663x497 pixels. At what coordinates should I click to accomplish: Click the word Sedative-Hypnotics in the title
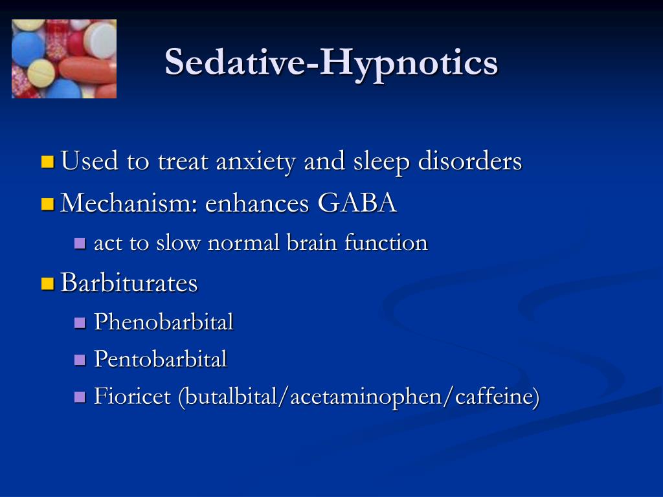331,62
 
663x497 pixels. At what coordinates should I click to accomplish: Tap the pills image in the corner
64,59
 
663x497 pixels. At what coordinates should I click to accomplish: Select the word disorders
469,161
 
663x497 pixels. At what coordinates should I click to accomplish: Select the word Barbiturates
129,283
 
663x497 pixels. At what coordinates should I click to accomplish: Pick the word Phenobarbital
164,322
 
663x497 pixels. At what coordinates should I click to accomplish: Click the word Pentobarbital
161,359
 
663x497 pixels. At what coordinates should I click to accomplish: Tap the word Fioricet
133,396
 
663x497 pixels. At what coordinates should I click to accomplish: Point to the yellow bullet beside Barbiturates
47,283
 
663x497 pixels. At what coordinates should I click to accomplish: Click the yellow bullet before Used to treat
47,162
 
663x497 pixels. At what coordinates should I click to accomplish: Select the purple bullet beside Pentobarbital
80,360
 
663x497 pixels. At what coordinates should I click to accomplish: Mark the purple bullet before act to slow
80,244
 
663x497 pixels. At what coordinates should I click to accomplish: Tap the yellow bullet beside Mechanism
47,204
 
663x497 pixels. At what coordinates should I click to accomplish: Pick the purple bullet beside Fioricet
80,397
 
